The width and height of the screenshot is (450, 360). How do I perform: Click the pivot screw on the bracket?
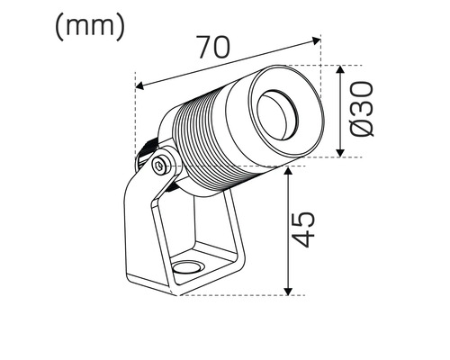(x=160, y=166)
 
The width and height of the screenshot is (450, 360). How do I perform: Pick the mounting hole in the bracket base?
(x=186, y=266)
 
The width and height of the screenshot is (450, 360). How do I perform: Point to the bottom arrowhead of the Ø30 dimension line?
(x=340, y=153)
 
